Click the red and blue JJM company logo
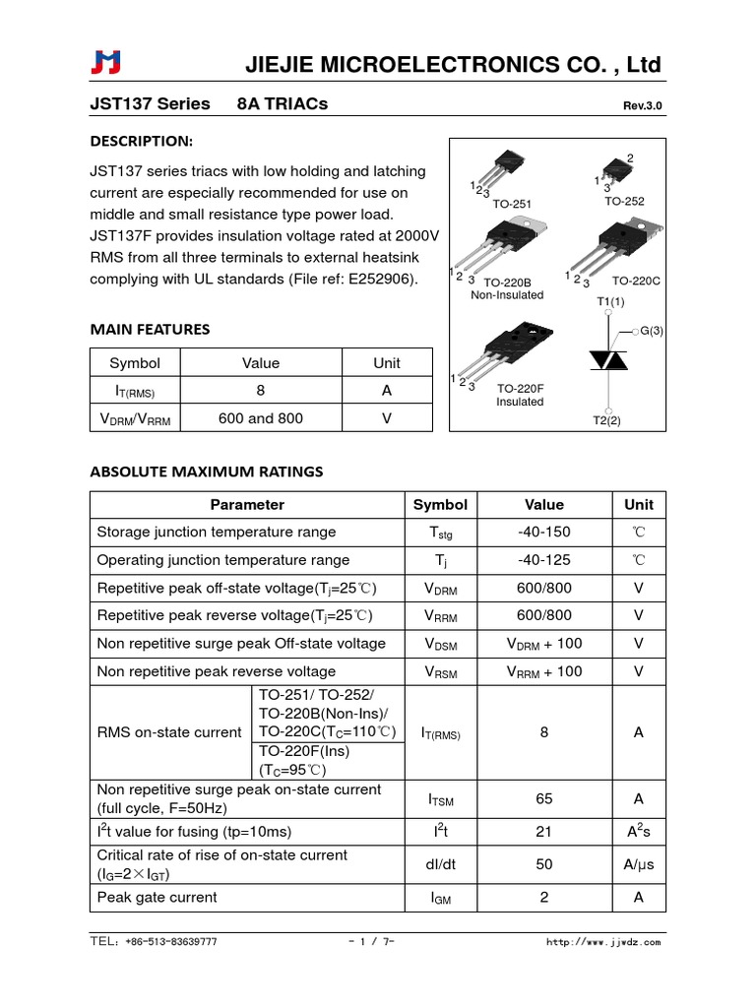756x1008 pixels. click(x=104, y=64)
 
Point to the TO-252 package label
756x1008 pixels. click(x=624, y=201)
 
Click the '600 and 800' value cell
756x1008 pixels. click(x=260, y=418)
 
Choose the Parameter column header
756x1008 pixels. click(x=247, y=505)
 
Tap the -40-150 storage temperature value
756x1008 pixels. click(x=544, y=533)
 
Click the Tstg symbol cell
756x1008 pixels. click(x=440, y=534)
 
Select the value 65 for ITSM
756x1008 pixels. click(x=544, y=799)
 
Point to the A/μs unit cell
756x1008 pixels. click(x=639, y=864)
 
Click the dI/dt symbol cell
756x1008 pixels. click(x=440, y=864)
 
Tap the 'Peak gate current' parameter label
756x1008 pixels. click(x=157, y=898)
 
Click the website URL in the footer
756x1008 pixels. click(x=603, y=942)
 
